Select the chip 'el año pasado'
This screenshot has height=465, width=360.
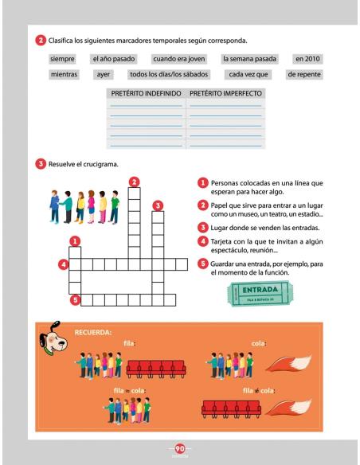pyautogui.click(x=114, y=59)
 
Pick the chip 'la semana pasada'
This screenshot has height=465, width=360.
pyautogui.click(x=248, y=59)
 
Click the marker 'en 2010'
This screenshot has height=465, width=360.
pyautogui.click(x=308, y=59)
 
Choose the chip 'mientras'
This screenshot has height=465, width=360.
pyautogui.click(x=64, y=75)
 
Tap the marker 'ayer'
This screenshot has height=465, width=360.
pyautogui.click(x=103, y=75)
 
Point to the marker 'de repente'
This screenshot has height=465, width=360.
pyautogui.click(x=303, y=75)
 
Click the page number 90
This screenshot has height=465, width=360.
pyautogui.click(x=180, y=447)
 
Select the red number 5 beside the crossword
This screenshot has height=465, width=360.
pyautogui.click(x=75, y=300)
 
